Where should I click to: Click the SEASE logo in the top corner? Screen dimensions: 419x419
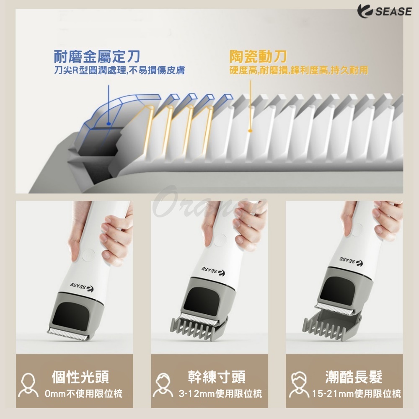point(384,11)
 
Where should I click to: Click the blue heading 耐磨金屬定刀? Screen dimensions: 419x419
point(97,57)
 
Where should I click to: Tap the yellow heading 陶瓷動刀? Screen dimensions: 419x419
point(258,57)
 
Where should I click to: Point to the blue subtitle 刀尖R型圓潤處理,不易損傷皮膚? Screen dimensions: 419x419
point(119,70)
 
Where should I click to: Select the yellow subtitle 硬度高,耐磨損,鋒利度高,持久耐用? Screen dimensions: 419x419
point(299,70)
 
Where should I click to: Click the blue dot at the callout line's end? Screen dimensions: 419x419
point(109,124)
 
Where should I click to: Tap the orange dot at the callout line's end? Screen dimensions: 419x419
point(250,131)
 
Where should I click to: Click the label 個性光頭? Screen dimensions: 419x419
point(80,377)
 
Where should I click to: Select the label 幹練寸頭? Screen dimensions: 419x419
point(217,377)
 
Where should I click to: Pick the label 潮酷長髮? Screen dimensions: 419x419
point(354,377)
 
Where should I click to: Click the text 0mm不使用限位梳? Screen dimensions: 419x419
point(84,393)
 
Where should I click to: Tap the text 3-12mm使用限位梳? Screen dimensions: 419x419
point(220,393)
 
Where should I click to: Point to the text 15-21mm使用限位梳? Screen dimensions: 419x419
point(357,393)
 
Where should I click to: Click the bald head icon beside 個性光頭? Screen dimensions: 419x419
point(28,385)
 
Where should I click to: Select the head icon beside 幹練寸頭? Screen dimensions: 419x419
point(163,385)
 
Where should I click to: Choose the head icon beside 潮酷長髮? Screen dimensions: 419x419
point(299,385)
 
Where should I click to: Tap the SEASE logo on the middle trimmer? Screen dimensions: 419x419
point(213,271)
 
